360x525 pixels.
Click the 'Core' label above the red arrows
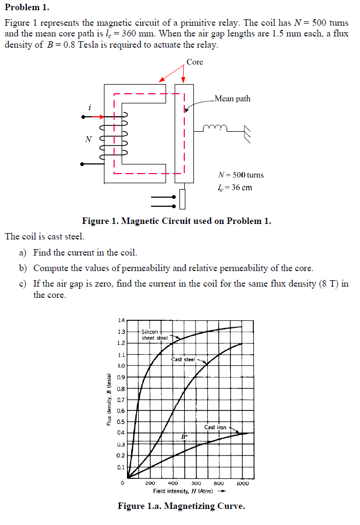(x=195, y=62)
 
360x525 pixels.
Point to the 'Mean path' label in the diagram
(x=232, y=99)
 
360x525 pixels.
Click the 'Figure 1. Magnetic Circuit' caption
(x=176, y=221)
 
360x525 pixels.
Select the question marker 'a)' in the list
(x=23, y=252)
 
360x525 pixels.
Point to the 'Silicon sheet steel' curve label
(x=154, y=335)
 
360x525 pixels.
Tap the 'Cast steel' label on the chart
(x=183, y=359)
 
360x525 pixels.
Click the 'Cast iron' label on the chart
(x=215, y=427)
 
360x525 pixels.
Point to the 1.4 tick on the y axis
(x=121, y=320)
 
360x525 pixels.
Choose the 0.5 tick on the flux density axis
(x=121, y=422)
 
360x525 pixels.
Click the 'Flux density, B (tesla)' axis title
(x=109, y=399)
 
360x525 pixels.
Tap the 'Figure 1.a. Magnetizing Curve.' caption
(x=181, y=506)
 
